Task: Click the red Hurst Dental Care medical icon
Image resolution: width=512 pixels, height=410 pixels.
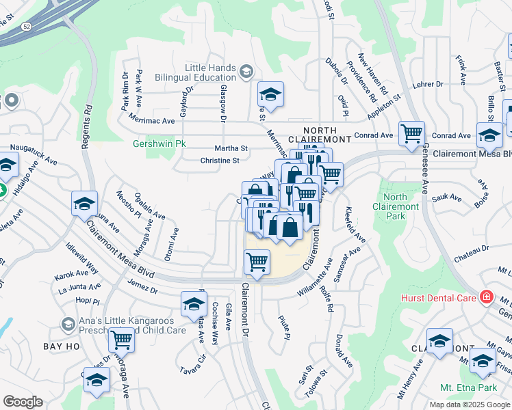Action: [x=486, y=297]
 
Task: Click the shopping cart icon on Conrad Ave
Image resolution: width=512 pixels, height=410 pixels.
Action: [x=411, y=133]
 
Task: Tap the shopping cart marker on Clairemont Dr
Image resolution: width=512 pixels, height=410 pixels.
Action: [x=257, y=262]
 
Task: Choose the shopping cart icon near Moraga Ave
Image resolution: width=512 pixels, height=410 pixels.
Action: [x=121, y=338]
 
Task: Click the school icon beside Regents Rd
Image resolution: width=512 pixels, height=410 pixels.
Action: [x=84, y=204]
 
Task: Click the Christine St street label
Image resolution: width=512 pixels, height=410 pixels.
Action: [x=219, y=161]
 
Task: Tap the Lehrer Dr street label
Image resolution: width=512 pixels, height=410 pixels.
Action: [x=429, y=85]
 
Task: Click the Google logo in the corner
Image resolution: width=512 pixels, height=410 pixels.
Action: [x=23, y=402]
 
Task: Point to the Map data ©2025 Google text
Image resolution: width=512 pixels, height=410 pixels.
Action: [x=468, y=405]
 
